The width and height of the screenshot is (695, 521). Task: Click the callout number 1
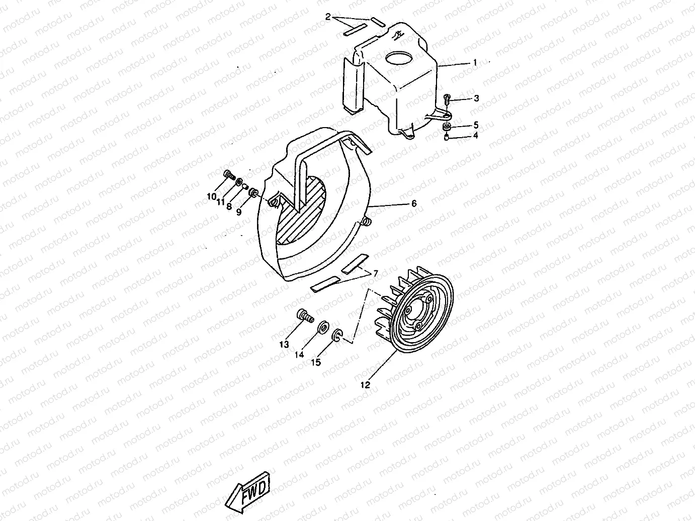tap(475, 63)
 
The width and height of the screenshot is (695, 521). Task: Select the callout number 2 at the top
tap(328, 17)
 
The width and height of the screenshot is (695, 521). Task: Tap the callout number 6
tap(414, 203)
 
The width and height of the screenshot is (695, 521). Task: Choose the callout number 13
tap(285, 344)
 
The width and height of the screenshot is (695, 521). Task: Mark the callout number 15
tap(315, 362)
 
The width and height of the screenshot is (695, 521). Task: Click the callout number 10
tap(211, 196)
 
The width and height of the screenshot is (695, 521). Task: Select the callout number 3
tap(476, 98)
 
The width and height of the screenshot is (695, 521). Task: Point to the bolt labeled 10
tap(229, 176)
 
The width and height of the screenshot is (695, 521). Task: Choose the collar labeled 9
tap(254, 192)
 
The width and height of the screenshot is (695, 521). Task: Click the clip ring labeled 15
tap(337, 335)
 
